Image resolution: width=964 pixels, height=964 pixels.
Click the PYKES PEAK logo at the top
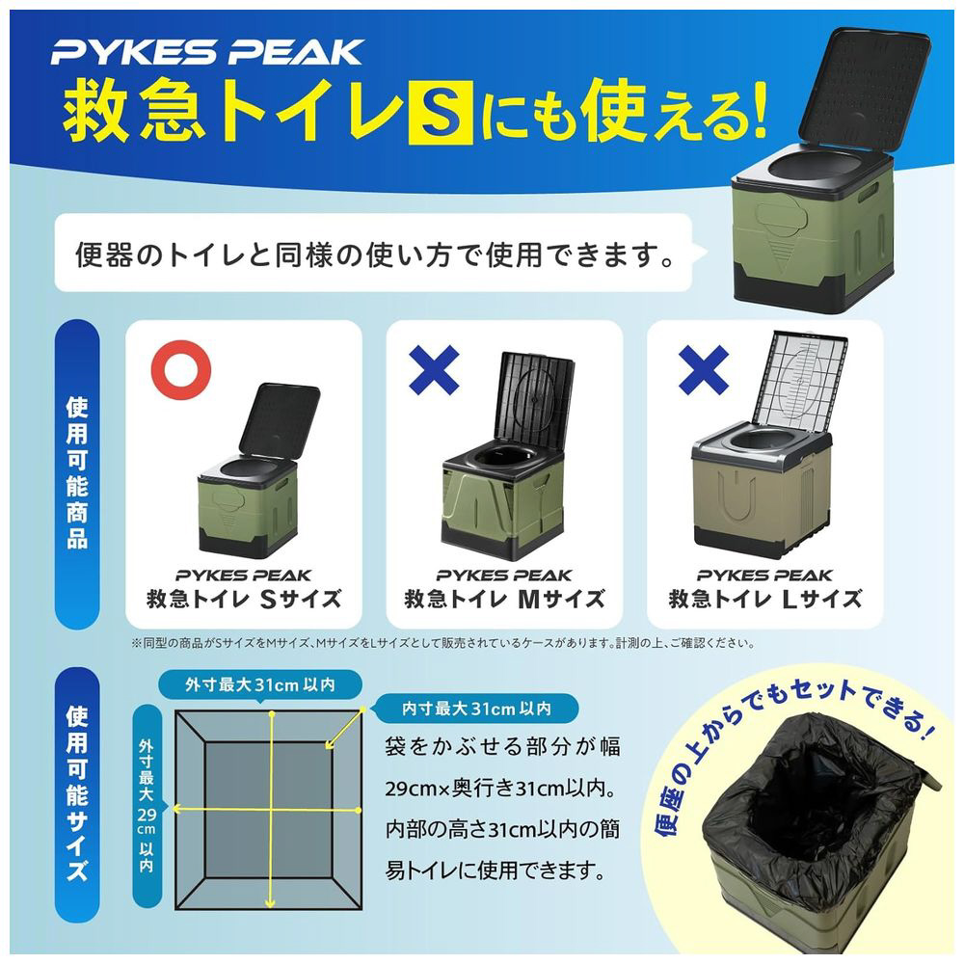pyautogui.click(x=207, y=52)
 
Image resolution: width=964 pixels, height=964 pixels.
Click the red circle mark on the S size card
pyautogui.click(x=181, y=370)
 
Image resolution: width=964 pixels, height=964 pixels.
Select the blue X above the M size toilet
pyautogui.click(x=434, y=369)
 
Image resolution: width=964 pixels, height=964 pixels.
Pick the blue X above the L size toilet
pyautogui.click(x=704, y=369)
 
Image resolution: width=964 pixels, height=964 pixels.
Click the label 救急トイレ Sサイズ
pyautogui.click(x=244, y=599)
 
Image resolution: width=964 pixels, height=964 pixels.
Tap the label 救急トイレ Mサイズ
pyautogui.click(x=504, y=599)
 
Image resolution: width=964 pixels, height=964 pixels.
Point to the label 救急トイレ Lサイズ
pyautogui.click(x=764, y=599)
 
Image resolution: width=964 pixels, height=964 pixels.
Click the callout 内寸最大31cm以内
pyautogui.click(x=476, y=709)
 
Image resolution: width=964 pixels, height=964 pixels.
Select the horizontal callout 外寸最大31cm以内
pyautogui.click(x=260, y=684)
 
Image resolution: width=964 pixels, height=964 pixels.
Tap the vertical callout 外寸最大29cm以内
pyautogui.click(x=147, y=806)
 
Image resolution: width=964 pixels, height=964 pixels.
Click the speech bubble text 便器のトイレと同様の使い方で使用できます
pyautogui.click(x=375, y=254)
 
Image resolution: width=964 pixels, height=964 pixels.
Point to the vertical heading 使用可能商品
pyautogui.click(x=77, y=473)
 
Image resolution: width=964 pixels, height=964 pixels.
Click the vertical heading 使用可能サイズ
pyautogui.click(x=77, y=793)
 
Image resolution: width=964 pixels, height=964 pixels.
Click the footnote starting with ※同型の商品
pyautogui.click(x=442, y=644)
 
